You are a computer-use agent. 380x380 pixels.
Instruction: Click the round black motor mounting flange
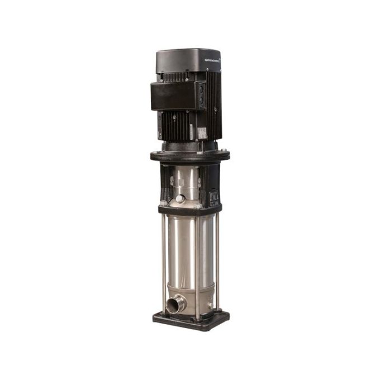(189, 156)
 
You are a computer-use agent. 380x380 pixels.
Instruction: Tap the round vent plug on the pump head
(180, 198)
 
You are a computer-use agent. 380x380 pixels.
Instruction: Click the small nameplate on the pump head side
(213, 197)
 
